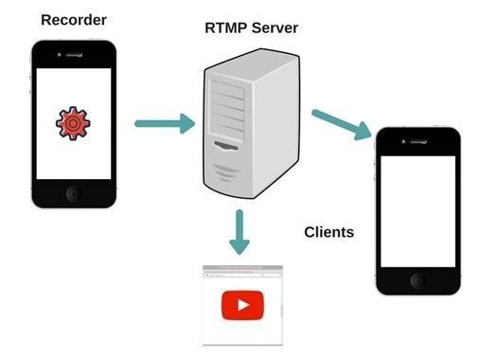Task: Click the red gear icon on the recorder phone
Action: (73, 123)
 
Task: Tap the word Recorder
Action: (72, 20)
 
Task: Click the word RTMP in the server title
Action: (226, 27)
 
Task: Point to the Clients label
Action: (329, 231)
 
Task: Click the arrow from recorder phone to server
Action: (164, 123)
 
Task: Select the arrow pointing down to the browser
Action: (240, 231)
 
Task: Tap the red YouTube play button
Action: (242, 305)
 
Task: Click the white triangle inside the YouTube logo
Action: (243, 305)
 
